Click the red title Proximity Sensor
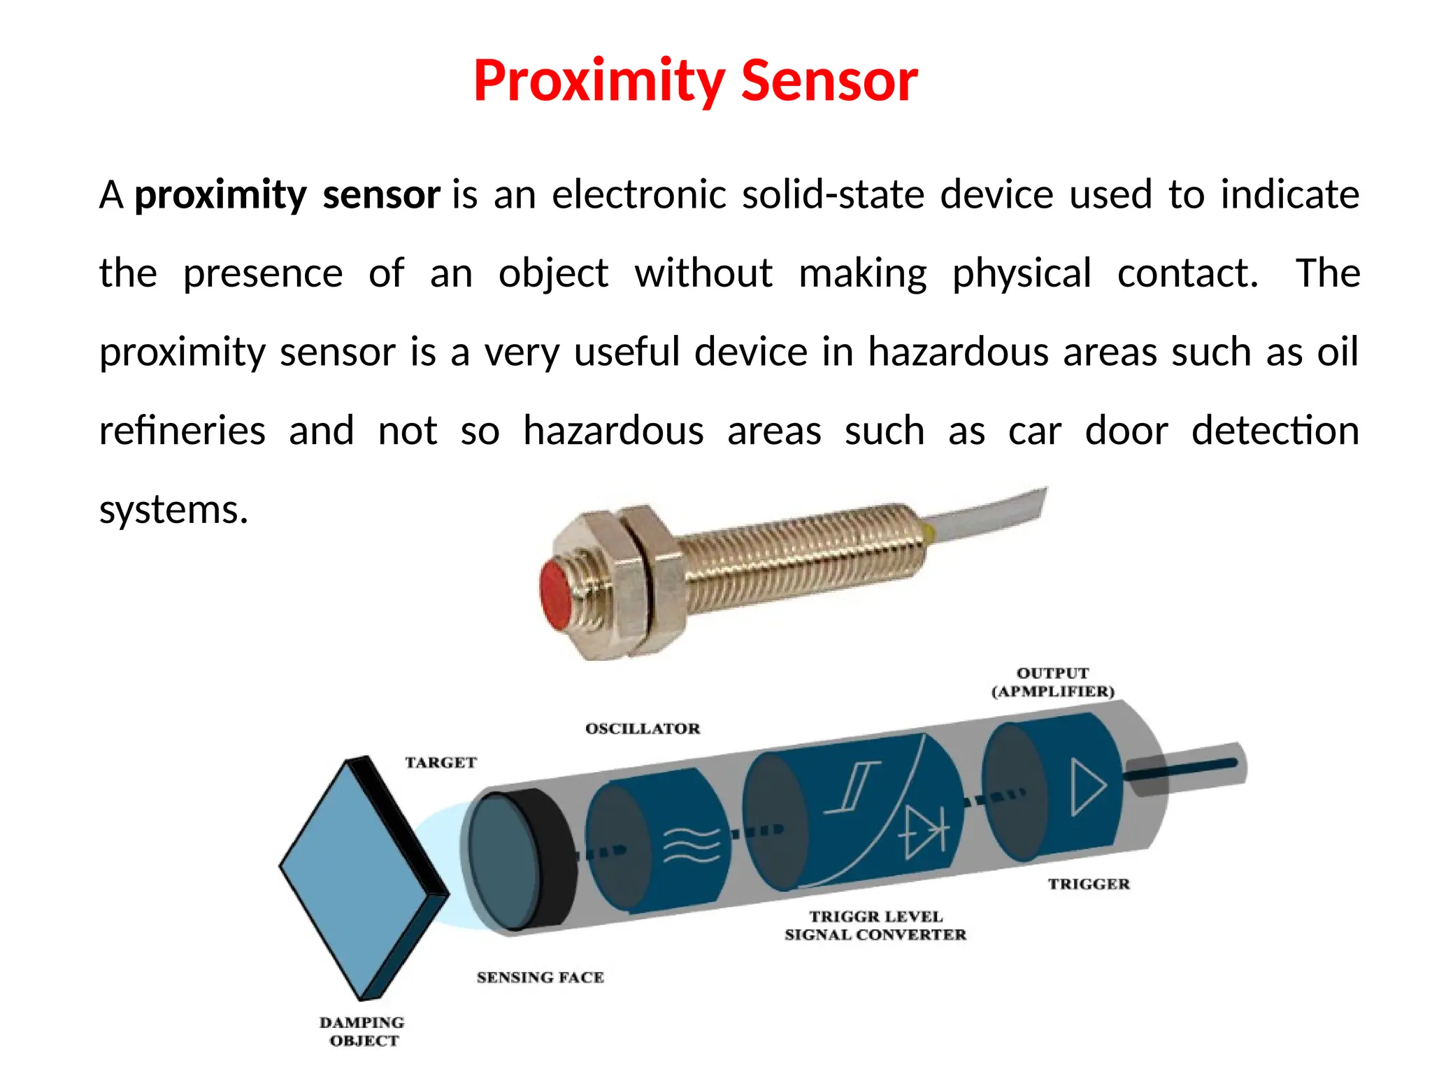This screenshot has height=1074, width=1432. click(x=695, y=81)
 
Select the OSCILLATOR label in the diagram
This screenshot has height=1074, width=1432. click(x=643, y=729)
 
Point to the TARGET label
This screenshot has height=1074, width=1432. click(x=441, y=762)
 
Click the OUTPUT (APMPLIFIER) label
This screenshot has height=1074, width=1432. click(x=1052, y=682)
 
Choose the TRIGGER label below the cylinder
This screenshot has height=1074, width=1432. click(x=1089, y=884)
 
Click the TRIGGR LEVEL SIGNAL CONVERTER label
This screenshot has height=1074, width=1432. click(x=875, y=925)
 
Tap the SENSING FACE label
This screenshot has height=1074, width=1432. click(x=540, y=977)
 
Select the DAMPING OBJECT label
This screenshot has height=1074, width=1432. click(x=363, y=1031)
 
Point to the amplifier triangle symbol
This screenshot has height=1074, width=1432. click(x=1088, y=787)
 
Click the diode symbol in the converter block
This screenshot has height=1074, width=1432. click(x=924, y=832)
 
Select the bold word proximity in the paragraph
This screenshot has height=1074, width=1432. click(x=220, y=194)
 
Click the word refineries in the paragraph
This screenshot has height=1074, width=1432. click(x=182, y=430)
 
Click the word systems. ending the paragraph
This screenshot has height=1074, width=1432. click(x=174, y=509)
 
